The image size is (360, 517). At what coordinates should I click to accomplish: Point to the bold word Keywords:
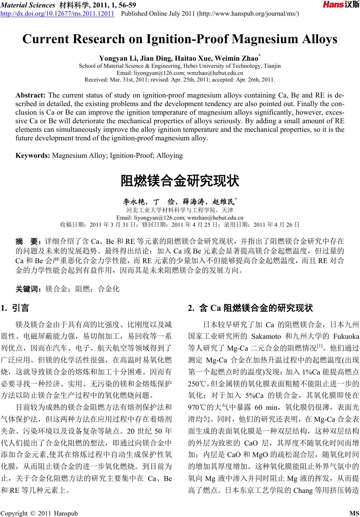[33, 155]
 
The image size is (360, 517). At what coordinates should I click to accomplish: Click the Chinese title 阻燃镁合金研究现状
[180, 181]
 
